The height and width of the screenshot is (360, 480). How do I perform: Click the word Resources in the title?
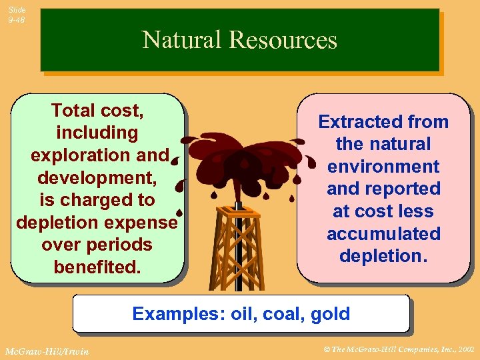coord(283,41)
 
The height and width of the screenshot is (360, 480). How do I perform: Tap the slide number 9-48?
coord(17,20)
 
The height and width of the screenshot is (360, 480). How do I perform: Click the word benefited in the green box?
coord(97,267)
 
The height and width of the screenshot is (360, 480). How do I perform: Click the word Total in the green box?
coord(73,110)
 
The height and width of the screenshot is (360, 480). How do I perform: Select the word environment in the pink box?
coord(383,167)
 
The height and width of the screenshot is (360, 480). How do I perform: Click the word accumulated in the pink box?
coord(383,233)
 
